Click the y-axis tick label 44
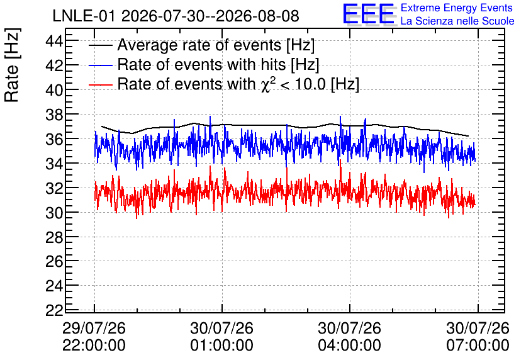pyautogui.click(x=54, y=42)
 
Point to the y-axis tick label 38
pyautogui.click(x=54, y=115)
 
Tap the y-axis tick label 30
pyautogui.click(x=54, y=213)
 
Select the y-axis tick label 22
pyautogui.click(x=54, y=310)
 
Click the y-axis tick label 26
pyautogui.click(x=54, y=261)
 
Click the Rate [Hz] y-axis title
pyautogui.click(x=12, y=65)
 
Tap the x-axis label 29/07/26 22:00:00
pyautogui.click(x=94, y=337)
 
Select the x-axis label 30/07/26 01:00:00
pyautogui.click(x=221, y=337)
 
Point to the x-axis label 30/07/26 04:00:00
pyautogui.click(x=350, y=337)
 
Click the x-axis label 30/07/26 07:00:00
pyautogui.click(x=478, y=337)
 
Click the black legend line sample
pyautogui.click(x=100, y=45)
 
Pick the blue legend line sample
pyautogui.click(x=100, y=65)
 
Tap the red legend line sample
pyautogui.click(x=100, y=84)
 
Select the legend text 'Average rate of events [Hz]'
pyautogui.click(x=216, y=45)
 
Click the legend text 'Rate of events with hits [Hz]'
pyautogui.click(x=218, y=64)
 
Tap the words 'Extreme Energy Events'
pyautogui.click(x=457, y=8)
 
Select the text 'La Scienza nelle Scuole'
pyautogui.click(x=457, y=21)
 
